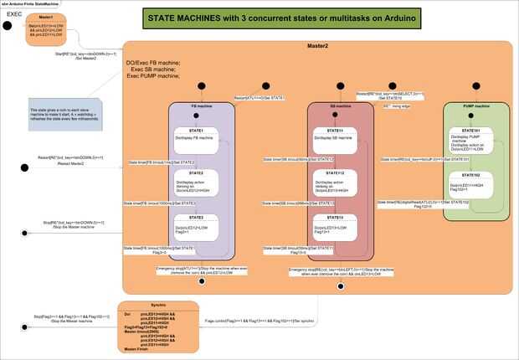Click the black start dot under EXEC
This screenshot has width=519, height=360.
click(7, 26)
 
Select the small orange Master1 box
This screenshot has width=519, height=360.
click(46, 28)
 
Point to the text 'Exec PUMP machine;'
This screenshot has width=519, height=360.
click(153, 76)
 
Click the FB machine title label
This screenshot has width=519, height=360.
click(200, 107)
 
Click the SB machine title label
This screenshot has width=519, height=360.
click(341, 107)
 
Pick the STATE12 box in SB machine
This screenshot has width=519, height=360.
click(341, 183)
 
